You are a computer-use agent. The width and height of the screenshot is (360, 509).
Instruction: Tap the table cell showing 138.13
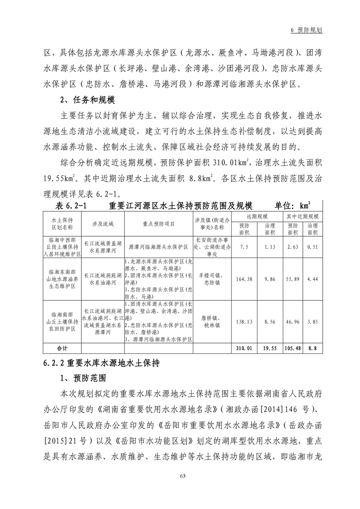[x=244, y=321]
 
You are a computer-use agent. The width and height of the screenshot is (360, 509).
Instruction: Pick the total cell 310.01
[x=244, y=348]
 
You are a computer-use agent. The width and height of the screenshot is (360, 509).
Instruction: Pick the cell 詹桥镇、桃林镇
[x=212, y=321]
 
